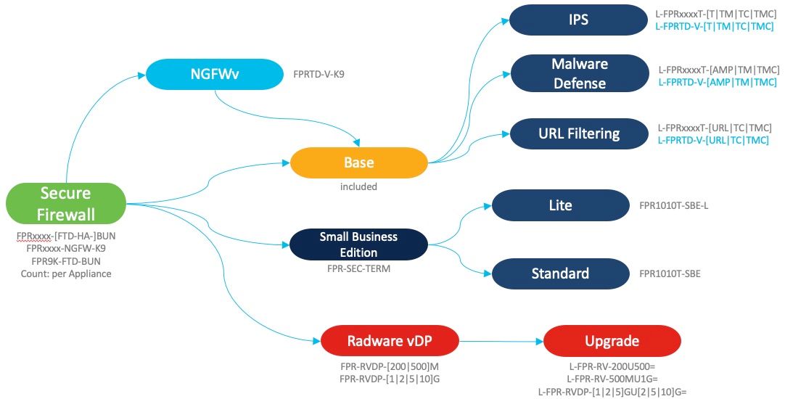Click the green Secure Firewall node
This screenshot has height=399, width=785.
(x=66, y=203)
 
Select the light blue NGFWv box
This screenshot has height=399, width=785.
(x=215, y=73)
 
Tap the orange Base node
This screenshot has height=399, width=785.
(x=359, y=163)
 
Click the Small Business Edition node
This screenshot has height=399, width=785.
(x=358, y=244)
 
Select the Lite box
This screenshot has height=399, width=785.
(x=560, y=205)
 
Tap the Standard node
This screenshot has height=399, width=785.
(x=560, y=273)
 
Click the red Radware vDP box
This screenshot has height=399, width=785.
(x=391, y=341)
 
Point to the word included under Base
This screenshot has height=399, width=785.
(x=358, y=186)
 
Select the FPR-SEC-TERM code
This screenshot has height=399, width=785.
(x=358, y=268)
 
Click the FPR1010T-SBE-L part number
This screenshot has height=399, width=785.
(x=674, y=206)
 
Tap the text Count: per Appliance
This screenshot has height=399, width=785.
(x=66, y=273)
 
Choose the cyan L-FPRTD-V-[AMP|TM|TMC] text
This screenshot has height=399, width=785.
(x=717, y=82)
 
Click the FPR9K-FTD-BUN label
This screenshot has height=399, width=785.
(x=66, y=260)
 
